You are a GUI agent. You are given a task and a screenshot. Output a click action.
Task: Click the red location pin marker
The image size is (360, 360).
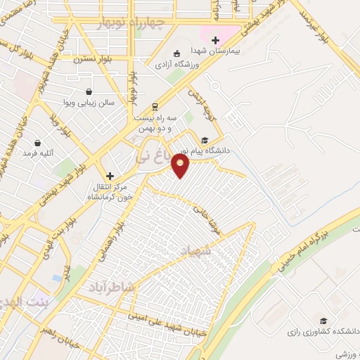(x=181, y=166)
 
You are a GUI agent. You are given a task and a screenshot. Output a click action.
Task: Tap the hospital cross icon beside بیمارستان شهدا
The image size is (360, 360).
(x=216, y=40)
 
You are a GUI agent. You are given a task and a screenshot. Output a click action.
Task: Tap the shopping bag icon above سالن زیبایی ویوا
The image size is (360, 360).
(x=88, y=92)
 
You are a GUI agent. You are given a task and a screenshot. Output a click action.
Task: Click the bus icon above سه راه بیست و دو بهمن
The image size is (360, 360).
(x=155, y=107)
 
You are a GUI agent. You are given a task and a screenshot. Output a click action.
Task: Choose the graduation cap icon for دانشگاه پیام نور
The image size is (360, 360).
(x=204, y=140)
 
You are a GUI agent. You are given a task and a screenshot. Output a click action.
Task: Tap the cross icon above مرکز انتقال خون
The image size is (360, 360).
(x=109, y=176)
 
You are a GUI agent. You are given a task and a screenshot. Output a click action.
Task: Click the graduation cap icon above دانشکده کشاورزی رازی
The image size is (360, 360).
(x=323, y=320)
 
